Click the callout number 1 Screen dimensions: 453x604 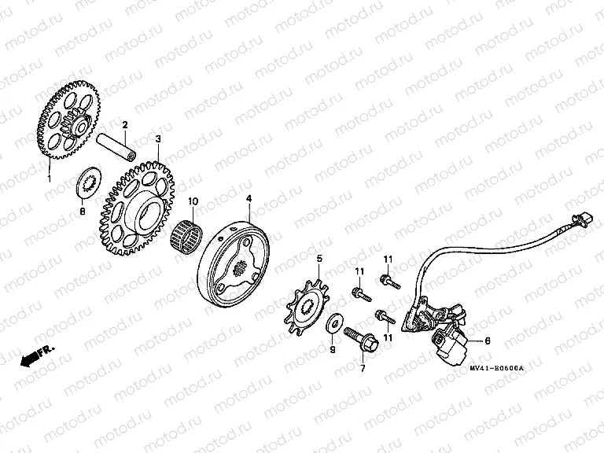pos(49,179)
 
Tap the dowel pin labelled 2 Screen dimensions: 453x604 pos(127,147)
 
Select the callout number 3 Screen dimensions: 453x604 pos(158,138)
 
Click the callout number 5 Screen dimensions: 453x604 pos(319,258)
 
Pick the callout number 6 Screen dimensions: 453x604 pos(487,341)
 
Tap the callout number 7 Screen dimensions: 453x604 pos(363,368)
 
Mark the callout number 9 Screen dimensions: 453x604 pos(332,349)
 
